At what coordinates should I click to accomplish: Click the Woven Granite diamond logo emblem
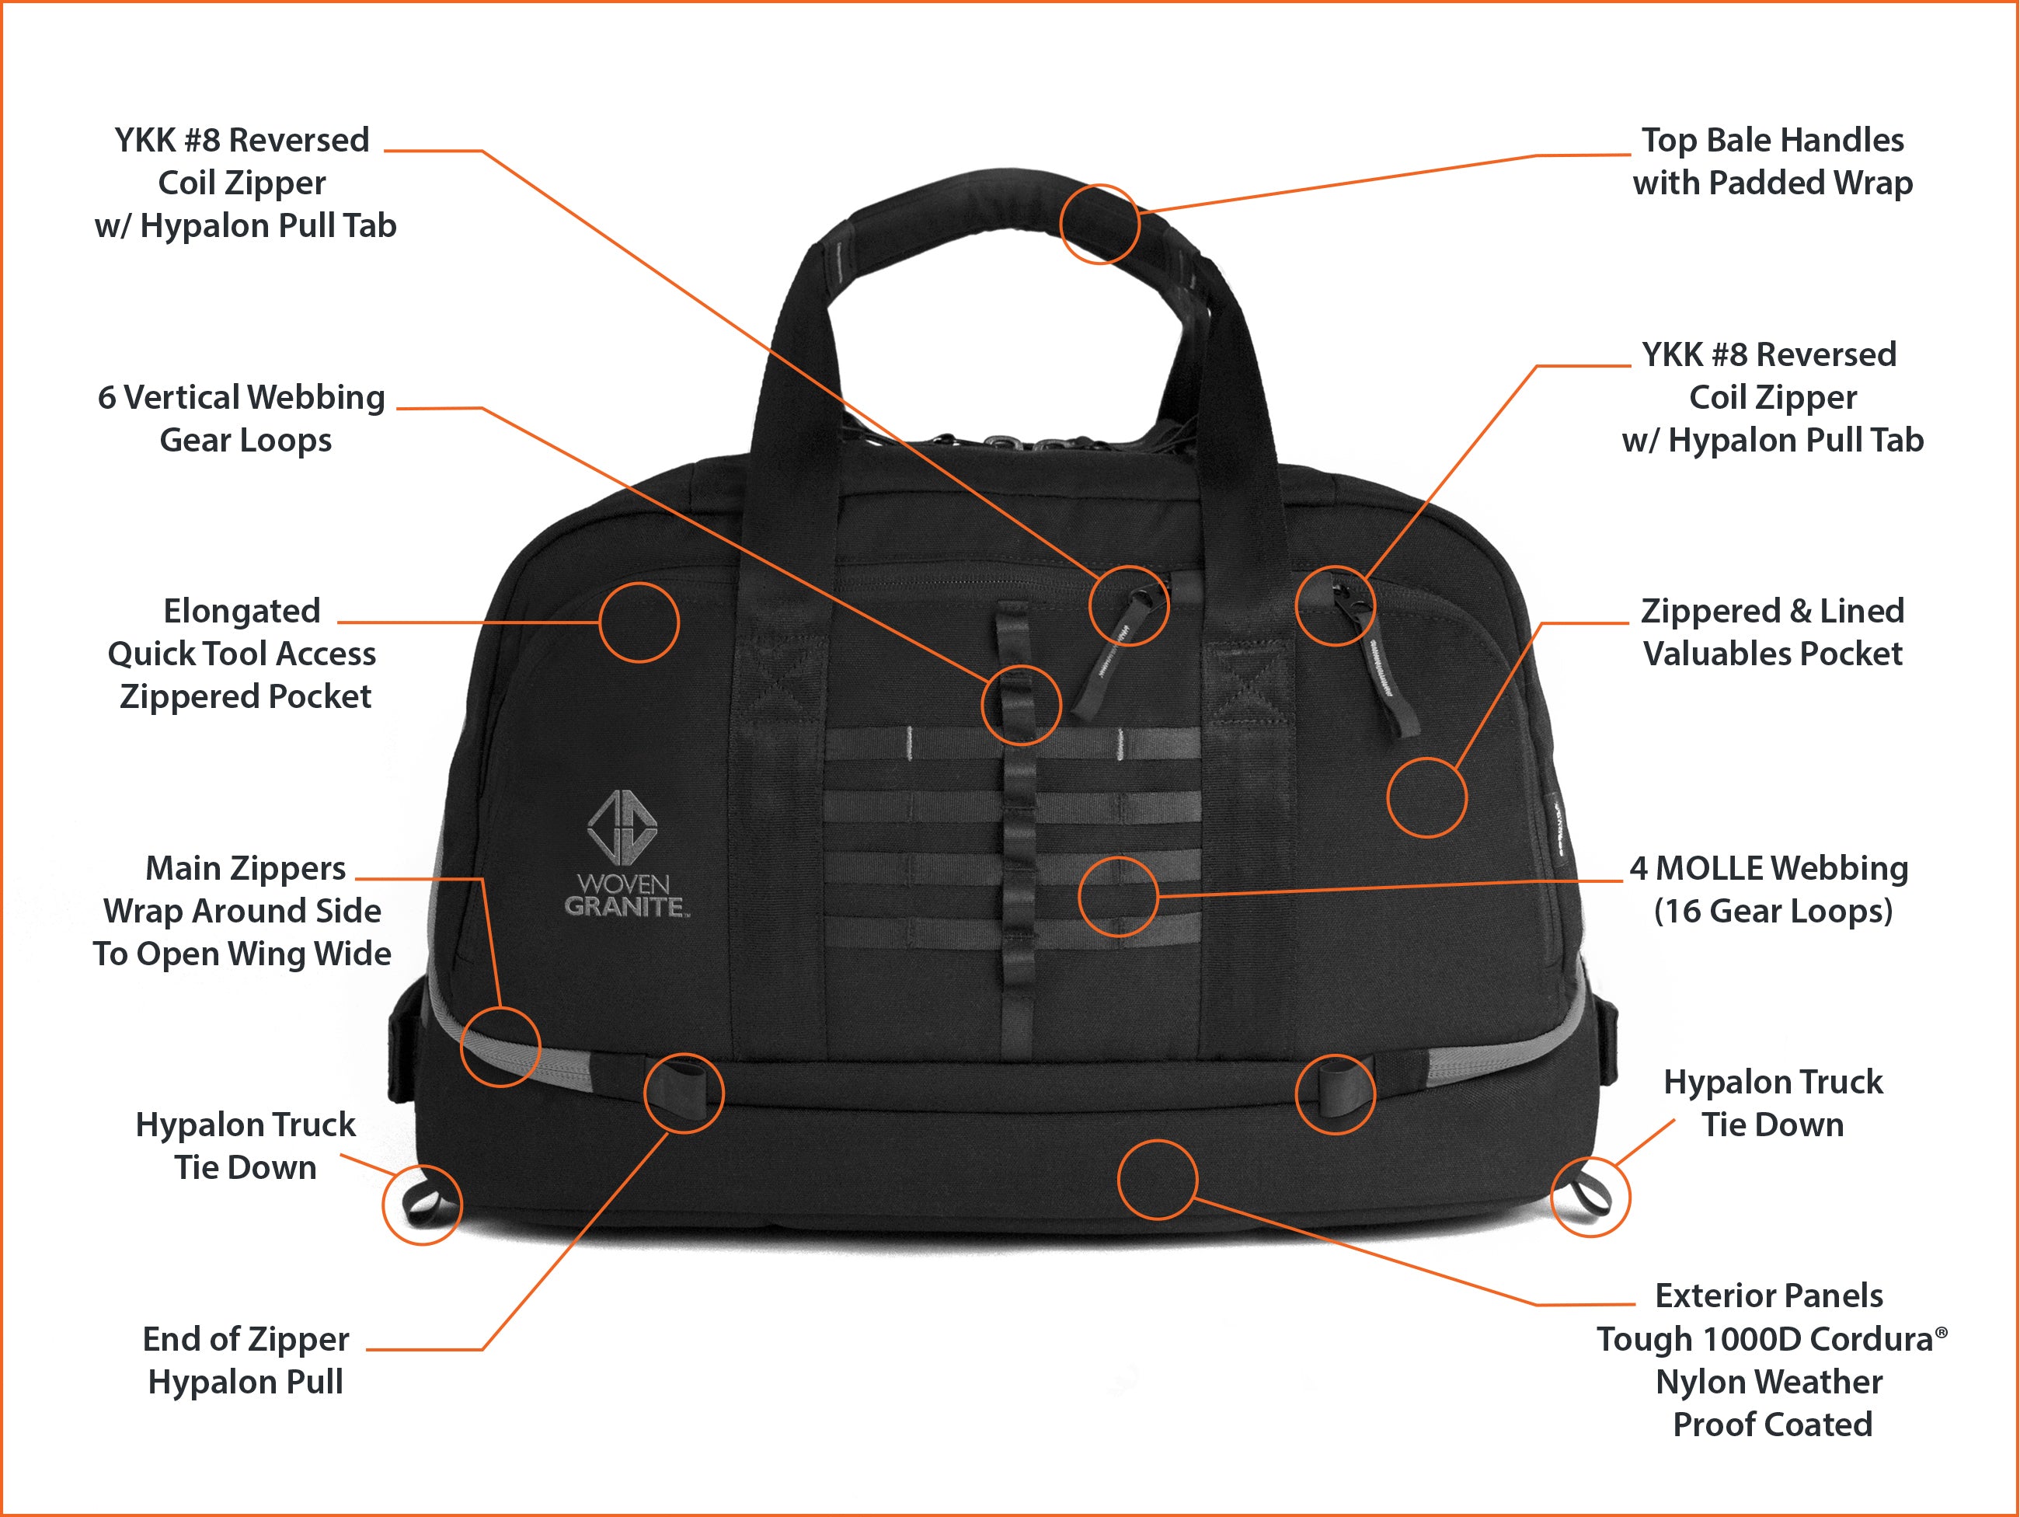tap(621, 827)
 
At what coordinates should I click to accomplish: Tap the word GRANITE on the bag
tap(625, 907)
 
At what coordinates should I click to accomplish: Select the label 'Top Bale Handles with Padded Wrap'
tap(1771, 162)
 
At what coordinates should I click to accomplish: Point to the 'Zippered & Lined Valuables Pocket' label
tap(1771, 632)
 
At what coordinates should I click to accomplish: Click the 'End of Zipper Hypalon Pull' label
tap(246, 1360)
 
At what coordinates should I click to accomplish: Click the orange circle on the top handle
tap(1099, 224)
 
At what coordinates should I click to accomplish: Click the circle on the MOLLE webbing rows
tap(1118, 896)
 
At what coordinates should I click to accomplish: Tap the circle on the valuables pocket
tap(1426, 797)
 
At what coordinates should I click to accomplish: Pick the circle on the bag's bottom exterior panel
tap(1157, 1179)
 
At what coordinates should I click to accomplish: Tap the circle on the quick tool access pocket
tap(639, 622)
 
